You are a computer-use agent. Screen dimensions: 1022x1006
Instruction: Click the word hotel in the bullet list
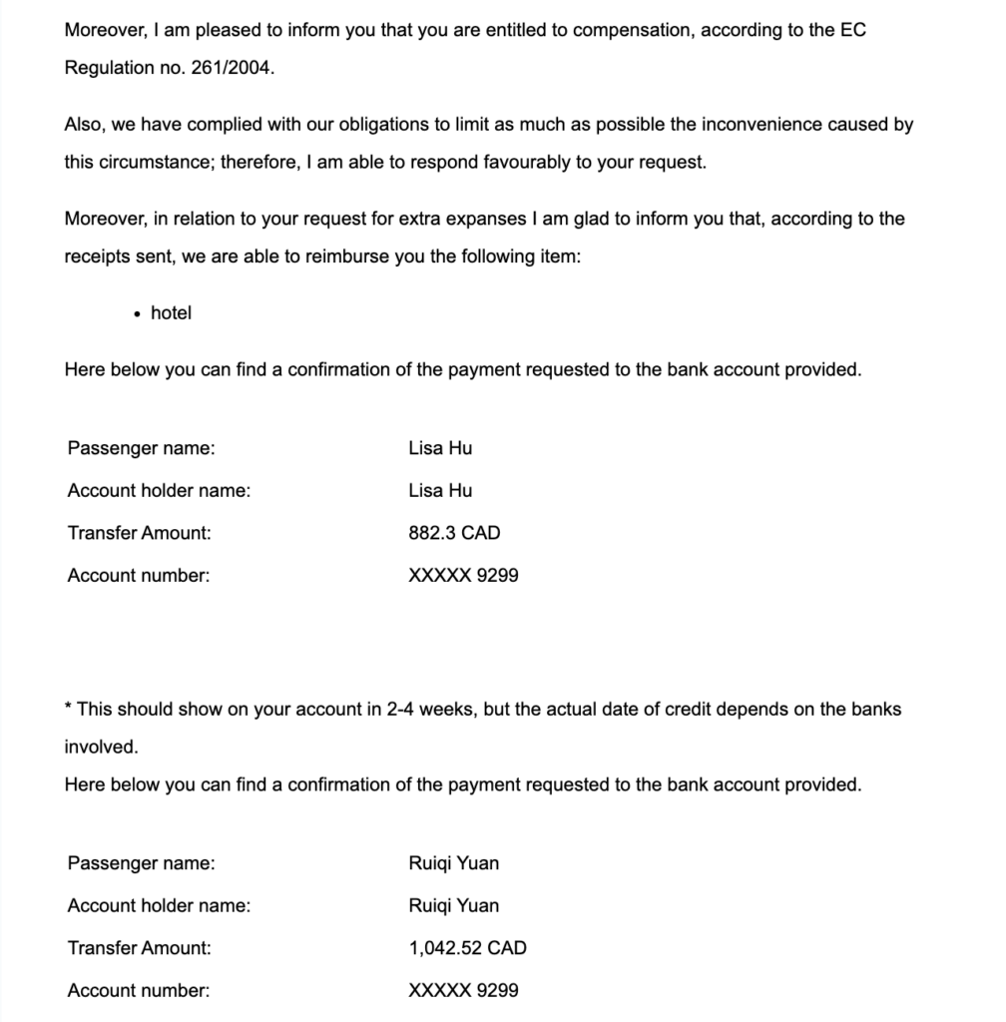click(171, 313)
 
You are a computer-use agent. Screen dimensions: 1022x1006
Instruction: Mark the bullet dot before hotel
click(137, 314)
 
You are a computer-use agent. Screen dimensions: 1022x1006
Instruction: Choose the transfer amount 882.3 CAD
click(454, 533)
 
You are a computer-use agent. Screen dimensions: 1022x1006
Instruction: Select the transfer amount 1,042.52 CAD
click(467, 948)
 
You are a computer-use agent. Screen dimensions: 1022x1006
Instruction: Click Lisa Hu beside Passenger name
click(440, 448)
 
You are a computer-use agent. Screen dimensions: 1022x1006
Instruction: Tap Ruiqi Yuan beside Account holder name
click(454, 906)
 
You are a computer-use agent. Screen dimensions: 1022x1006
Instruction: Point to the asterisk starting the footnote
click(68, 708)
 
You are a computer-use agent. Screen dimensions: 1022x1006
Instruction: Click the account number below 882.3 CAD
click(463, 576)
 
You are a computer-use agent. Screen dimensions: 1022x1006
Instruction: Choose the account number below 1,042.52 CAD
click(463, 991)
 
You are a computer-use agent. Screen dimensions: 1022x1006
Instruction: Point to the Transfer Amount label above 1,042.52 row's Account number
click(140, 948)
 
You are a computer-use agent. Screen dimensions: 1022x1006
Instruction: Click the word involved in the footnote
click(101, 748)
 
